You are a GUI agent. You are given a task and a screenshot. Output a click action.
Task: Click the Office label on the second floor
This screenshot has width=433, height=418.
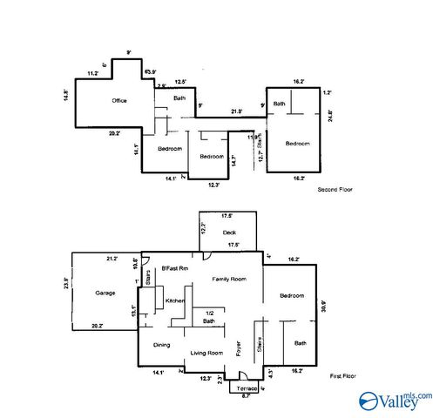click(119, 101)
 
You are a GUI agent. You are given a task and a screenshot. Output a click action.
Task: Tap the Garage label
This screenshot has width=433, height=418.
click(105, 293)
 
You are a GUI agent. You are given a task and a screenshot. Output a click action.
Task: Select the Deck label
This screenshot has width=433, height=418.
click(229, 233)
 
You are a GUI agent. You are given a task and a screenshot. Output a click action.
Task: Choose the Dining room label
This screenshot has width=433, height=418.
click(162, 346)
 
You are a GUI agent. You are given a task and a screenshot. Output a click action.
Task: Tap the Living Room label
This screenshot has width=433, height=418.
click(206, 353)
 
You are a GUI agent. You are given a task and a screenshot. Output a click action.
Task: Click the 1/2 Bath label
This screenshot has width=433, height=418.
click(209, 317)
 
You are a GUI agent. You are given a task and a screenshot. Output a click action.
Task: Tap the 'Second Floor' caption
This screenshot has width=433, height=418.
click(335, 189)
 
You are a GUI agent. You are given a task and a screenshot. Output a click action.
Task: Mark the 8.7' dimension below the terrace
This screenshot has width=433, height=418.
click(247, 396)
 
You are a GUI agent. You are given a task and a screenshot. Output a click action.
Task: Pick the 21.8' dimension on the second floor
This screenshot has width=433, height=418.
click(236, 111)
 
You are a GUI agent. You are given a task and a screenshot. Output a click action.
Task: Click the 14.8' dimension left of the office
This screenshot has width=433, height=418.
click(66, 94)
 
